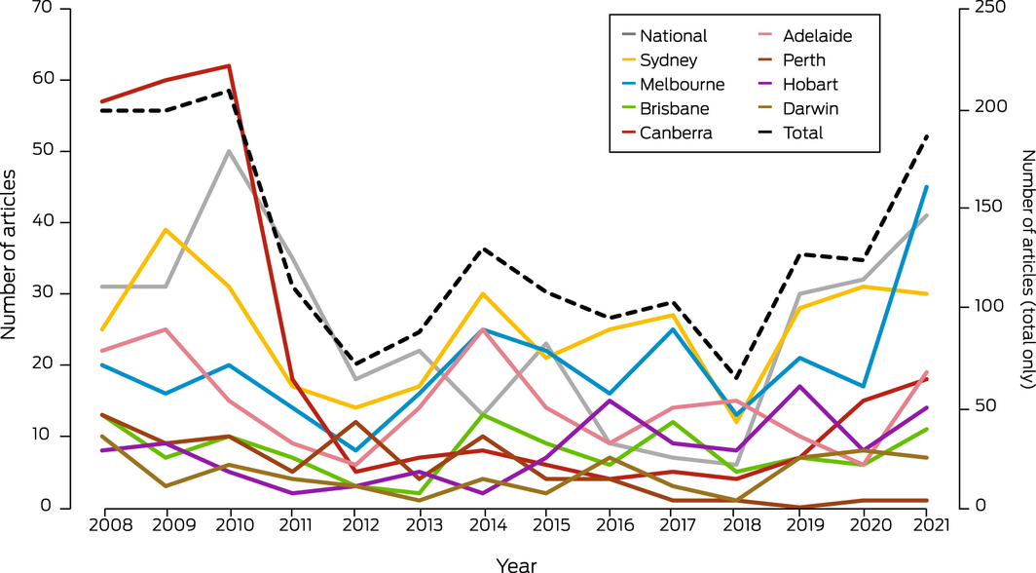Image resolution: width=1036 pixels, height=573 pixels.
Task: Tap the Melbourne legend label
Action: coord(683,85)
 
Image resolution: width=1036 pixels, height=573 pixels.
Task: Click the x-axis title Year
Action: coord(516,563)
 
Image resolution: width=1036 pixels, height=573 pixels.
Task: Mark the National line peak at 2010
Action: coord(230,151)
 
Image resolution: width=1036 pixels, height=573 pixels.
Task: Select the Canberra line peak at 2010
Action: coord(230,66)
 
